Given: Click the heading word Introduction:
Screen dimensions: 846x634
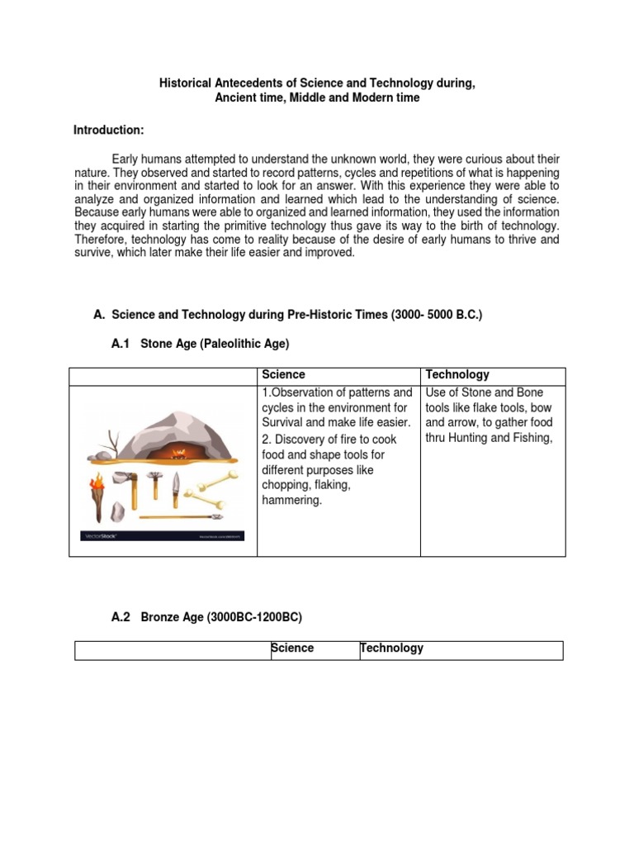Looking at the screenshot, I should tap(109, 131).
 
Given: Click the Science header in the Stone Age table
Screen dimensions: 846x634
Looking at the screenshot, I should tap(283, 374).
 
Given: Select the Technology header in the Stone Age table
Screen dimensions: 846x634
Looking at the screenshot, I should tap(457, 374).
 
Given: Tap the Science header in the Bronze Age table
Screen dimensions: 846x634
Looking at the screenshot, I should tap(293, 648).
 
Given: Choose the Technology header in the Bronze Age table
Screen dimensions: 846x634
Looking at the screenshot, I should tap(391, 648).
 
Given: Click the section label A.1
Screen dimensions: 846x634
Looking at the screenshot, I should tap(121, 343).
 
